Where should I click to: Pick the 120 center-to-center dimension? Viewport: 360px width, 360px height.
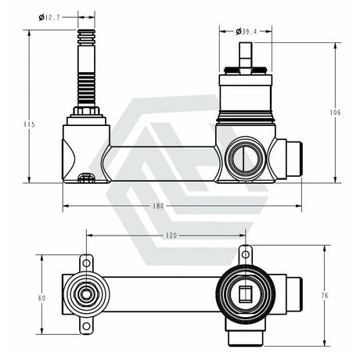point(167,235)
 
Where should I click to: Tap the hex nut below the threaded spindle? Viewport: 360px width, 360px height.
point(86,112)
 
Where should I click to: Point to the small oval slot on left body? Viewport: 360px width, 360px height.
point(89,177)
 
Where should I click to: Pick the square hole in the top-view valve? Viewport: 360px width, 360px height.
point(244,295)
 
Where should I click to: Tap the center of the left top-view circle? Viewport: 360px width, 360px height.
point(86,296)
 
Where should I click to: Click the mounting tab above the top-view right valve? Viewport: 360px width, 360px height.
point(245,253)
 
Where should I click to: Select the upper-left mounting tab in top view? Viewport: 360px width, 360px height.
point(86,261)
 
